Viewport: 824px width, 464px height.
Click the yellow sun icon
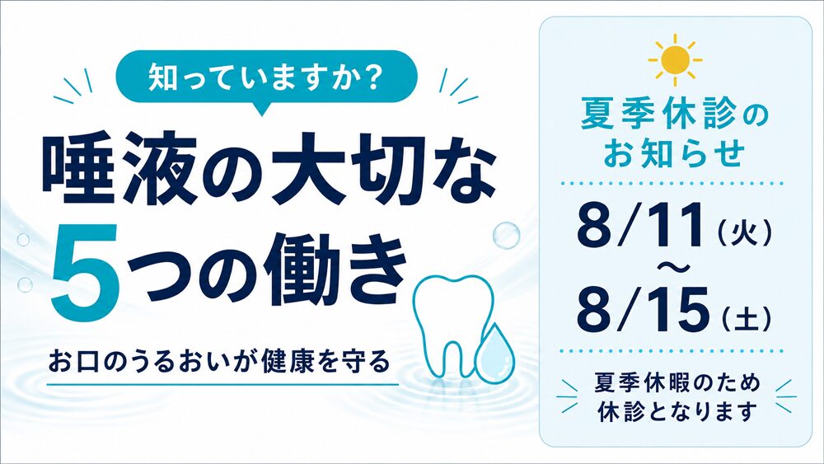coord(676,60)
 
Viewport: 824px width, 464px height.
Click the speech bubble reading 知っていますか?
coord(266,79)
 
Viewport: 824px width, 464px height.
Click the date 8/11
coord(640,225)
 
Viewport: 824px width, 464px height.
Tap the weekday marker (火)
coord(745,232)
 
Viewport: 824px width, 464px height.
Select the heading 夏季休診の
coord(675,117)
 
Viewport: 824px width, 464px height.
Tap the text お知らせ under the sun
coord(675,153)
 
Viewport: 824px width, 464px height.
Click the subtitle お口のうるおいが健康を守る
coord(220,362)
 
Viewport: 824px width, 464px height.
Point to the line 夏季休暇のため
coord(677,382)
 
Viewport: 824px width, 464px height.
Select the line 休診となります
coord(677,410)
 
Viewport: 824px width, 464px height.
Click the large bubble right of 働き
coord(507,235)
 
